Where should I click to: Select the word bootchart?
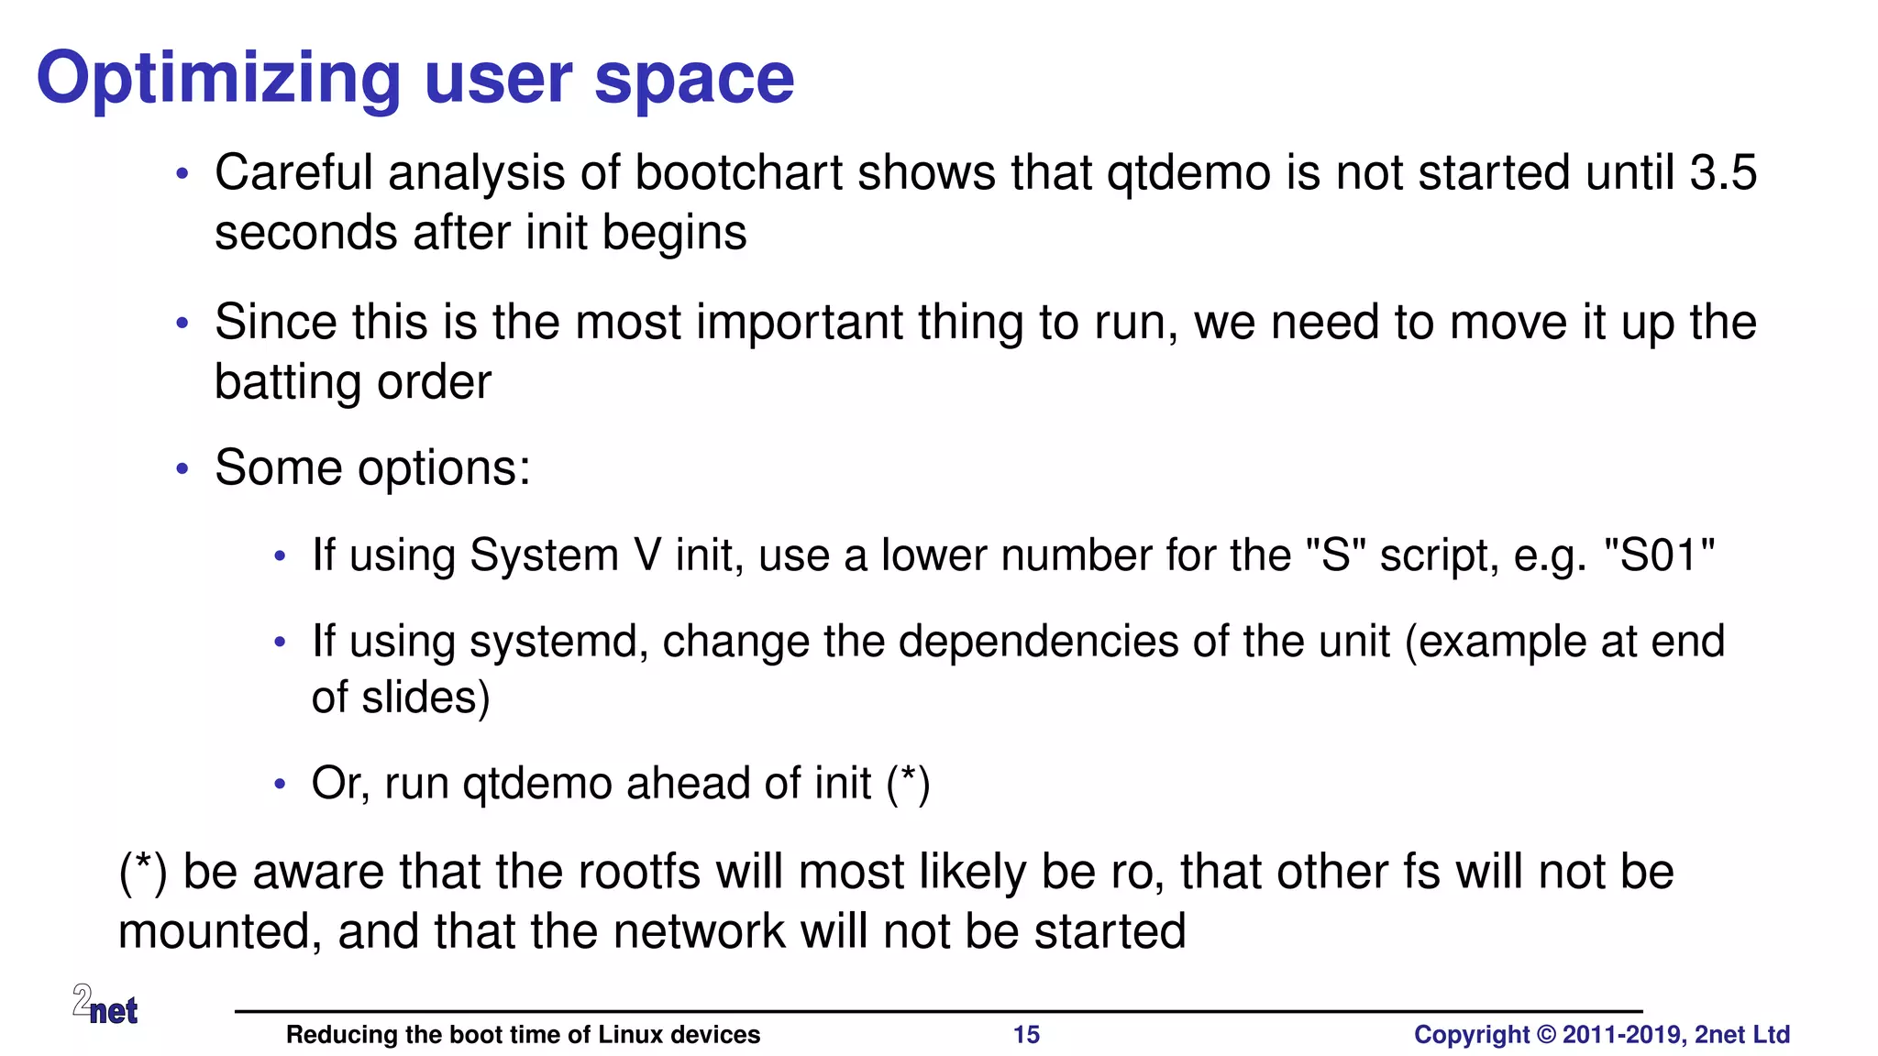point(738,173)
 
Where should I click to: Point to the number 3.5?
point(1723,173)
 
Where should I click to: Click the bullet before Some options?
point(182,469)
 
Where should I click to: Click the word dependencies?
point(1038,642)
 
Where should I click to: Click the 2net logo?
point(105,1005)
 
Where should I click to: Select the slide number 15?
point(1026,1035)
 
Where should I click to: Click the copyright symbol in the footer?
point(1546,1035)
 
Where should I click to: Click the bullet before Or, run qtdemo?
point(281,785)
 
